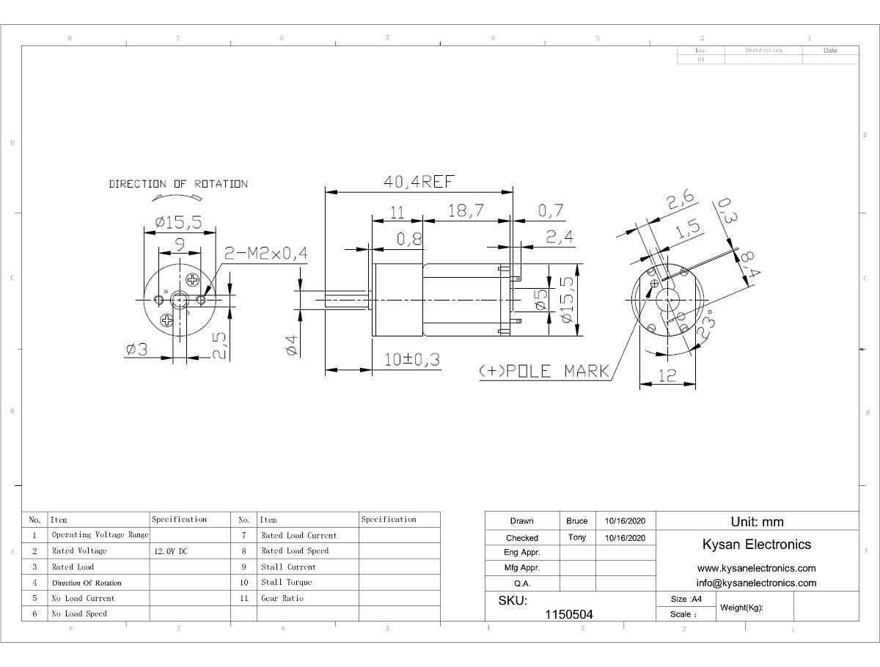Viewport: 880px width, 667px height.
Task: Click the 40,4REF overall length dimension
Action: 419,182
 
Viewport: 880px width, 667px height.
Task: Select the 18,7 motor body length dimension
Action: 466,210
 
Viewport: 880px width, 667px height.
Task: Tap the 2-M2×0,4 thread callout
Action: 265,253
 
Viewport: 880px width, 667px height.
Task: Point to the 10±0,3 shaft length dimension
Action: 412,360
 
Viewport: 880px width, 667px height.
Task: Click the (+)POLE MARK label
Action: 544,372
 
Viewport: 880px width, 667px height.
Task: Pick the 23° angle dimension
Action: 706,325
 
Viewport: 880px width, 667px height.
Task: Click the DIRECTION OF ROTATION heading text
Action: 178,184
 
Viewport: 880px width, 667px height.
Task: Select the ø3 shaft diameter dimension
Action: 136,350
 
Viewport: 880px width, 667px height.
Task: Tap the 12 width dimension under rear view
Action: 667,376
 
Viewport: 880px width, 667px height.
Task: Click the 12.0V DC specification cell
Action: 171,551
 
